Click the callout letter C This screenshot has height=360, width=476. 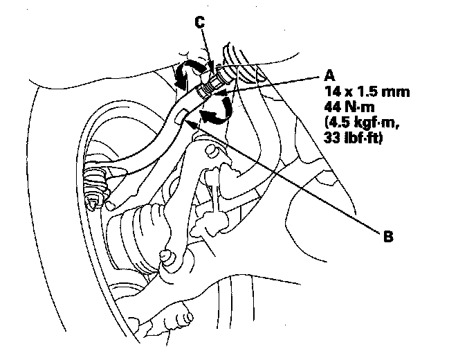(199, 22)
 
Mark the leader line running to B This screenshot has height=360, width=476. (304, 187)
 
